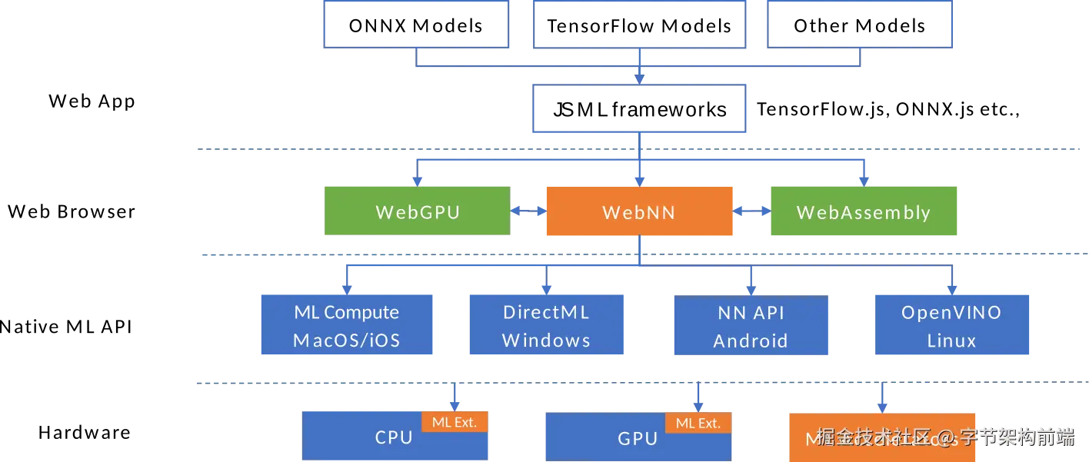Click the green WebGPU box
pos(417,211)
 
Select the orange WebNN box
pos(638,211)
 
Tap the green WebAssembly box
pos(864,211)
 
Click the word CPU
pos(394,437)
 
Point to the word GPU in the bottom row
pos(638,439)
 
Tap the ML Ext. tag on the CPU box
pos(455,421)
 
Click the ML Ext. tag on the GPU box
pos(698,423)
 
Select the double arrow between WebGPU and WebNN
pos(527,211)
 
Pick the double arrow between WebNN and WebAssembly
pos(752,211)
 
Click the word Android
pos(751,341)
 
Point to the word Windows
pos(546,341)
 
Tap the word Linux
pos(951,341)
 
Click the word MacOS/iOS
pos(347,341)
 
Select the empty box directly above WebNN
pos(639,108)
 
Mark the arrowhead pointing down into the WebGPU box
pos(417,181)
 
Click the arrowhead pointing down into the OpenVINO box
pos(952,288)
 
